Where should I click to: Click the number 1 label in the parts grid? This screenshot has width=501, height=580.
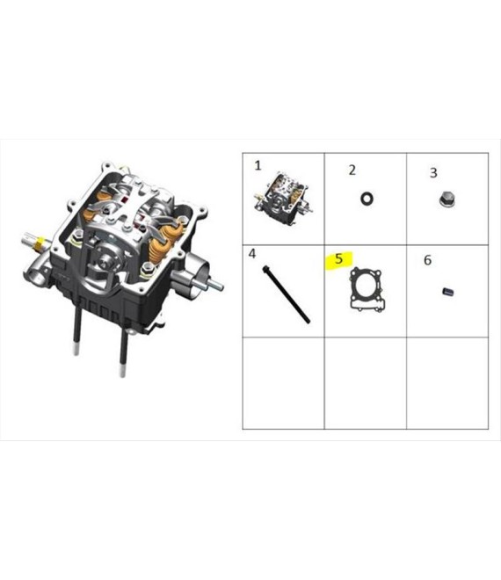[258, 165]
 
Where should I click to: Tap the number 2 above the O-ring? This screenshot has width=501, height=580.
[352, 170]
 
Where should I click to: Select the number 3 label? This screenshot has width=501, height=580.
[433, 173]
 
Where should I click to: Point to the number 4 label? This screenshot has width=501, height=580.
[252, 254]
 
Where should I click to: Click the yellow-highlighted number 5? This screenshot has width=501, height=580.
[339, 258]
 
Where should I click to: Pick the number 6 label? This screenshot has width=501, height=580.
[427, 260]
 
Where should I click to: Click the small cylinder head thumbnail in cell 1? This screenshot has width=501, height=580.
[283, 198]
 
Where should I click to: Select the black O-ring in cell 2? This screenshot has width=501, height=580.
[367, 199]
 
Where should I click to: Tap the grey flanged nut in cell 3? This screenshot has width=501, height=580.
[447, 199]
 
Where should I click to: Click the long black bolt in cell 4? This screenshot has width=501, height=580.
[286, 294]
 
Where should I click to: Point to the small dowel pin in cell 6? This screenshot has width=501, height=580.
[447, 292]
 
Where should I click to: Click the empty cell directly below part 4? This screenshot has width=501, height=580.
[283, 383]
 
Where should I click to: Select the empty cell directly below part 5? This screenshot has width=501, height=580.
[366, 383]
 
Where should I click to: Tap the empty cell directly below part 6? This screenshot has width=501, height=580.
[447, 383]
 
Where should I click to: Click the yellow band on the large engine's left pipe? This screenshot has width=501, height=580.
[40, 244]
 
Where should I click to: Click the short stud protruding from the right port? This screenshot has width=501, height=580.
[214, 284]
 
